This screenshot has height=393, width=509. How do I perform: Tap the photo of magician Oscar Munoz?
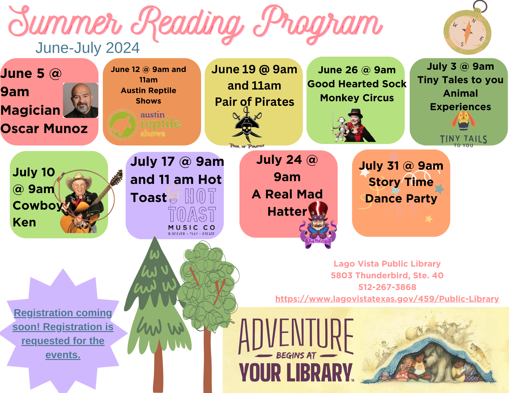point(80,100)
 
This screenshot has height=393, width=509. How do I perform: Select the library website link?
point(387,299)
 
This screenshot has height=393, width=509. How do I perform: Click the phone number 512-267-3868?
point(387,287)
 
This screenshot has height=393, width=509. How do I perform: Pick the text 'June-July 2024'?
point(87,48)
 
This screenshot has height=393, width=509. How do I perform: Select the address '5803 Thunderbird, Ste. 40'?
point(387,275)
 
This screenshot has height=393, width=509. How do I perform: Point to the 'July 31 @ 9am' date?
point(401,166)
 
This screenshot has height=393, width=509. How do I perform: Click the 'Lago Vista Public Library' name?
point(387,264)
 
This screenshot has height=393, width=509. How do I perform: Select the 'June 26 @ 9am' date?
point(357,70)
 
